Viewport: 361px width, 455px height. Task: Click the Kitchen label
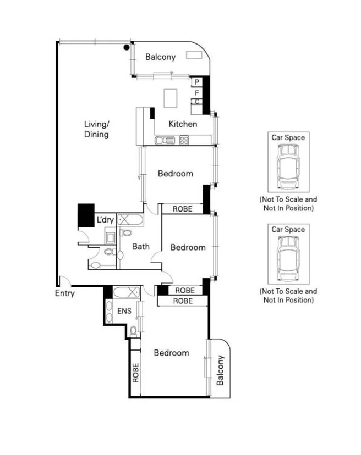pyautogui.click(x=183, y=124)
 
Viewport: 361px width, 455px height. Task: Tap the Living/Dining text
pyautogui.click(x=96, y=129)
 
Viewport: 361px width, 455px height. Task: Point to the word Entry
pyautogui.click(x=64, y=293)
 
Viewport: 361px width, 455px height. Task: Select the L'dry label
pyautogui.click(x=105, y=220)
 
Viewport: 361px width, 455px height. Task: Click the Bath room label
pyautogui.click(x=141, y=247)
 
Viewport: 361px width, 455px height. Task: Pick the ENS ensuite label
pyautogui.click(x=124, y=311)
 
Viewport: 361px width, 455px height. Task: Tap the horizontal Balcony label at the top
pyautogui.click(x=160, y=57)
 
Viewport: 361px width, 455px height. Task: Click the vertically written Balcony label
pyautogui.click(x=220, y=371)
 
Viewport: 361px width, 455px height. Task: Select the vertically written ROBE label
pyautogui.click(x=135, y=373)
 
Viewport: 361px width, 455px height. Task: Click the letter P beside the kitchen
pyautogui.click(x=196, y=82)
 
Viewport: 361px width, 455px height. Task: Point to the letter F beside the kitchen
pyautogui.click(x=196, y=93)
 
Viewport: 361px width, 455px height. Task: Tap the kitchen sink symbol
pyautogui.click(x=164, y=140)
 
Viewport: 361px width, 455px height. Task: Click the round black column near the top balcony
pyautogui.click(x=127, y=48)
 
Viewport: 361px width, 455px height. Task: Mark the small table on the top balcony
pyautogui.click(x=194, y=54)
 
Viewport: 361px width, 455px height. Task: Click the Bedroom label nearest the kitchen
pyautogui.click(x=176, y=174)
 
